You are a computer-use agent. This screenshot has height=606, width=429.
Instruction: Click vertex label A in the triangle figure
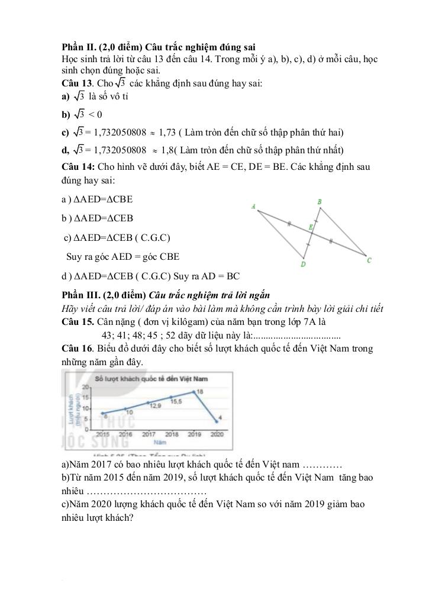point(253,207)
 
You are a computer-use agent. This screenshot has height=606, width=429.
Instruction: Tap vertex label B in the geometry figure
point(320,202)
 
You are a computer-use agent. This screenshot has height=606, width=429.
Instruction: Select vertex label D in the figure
point(303,264)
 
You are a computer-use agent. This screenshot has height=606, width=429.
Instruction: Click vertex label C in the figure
point(369,260)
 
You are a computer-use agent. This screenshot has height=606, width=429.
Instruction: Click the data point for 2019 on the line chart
point(193,392)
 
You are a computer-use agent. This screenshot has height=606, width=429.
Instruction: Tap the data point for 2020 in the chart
point(217,421)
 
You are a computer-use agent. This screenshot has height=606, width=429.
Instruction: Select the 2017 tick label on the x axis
point(148,434)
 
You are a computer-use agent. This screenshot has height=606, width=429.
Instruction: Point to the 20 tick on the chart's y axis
point(85,386)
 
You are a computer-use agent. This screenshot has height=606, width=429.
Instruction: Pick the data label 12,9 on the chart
point(155,406)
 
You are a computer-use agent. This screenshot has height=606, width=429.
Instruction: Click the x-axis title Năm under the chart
point(157,441)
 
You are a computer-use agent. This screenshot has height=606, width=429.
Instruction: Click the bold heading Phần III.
point(81,295)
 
